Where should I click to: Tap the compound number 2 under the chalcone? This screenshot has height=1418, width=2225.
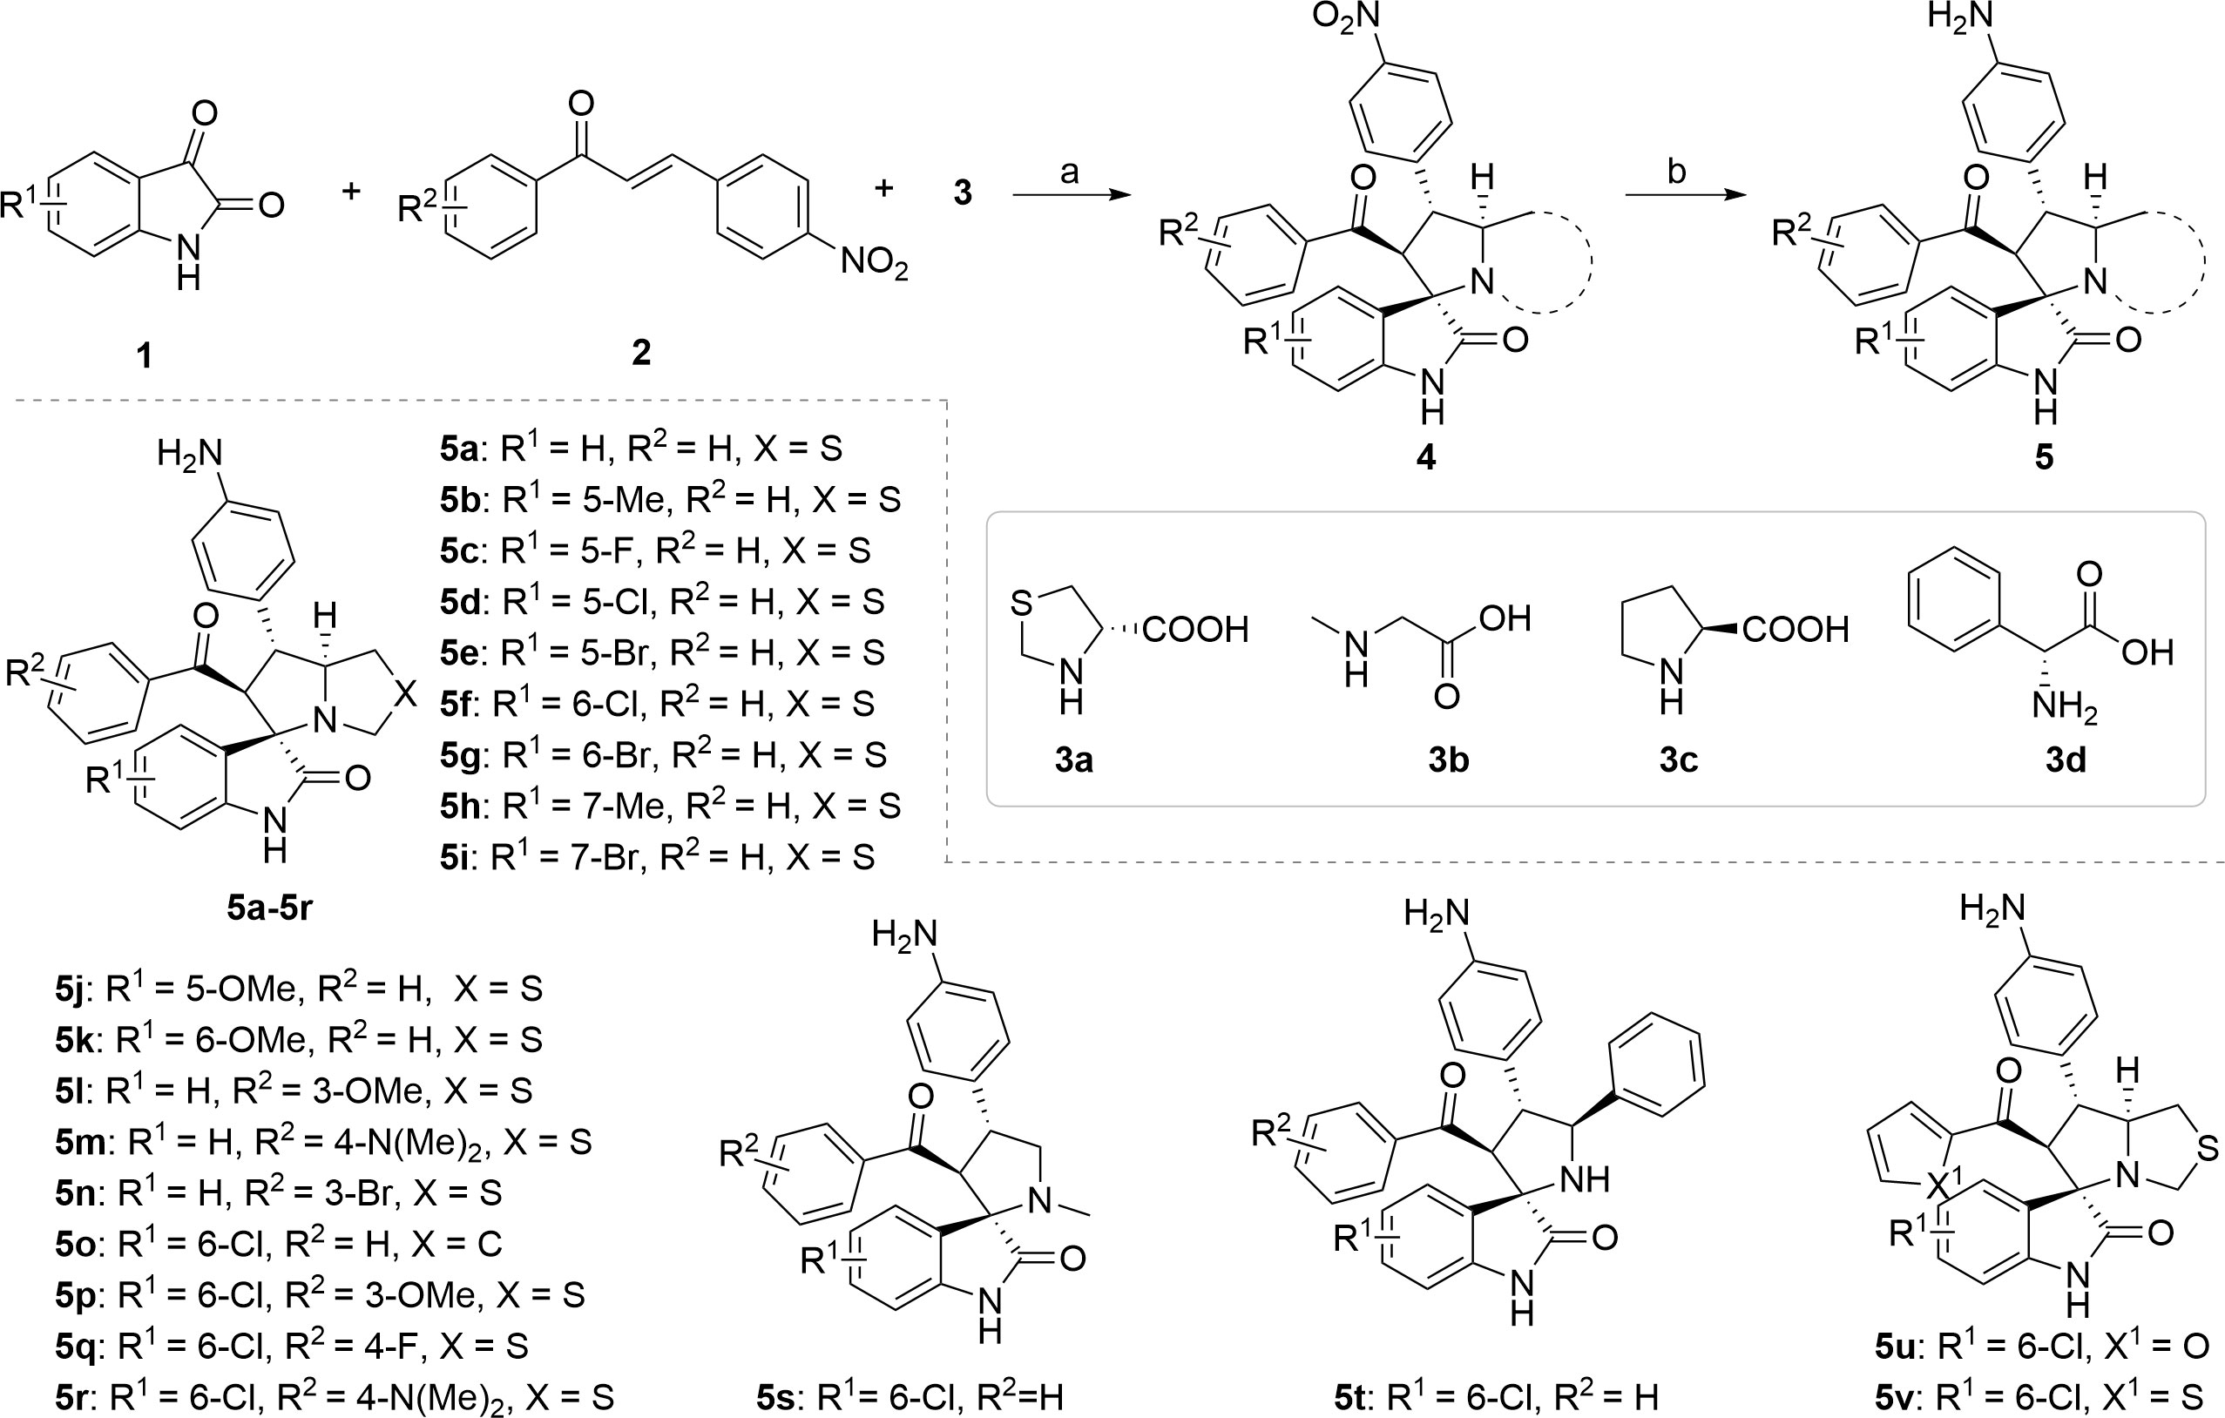[x=640, y=352]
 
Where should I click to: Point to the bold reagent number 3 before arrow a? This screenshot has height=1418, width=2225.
[x=962, y=193]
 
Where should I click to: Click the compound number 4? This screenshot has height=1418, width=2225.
[x=1426, y=456]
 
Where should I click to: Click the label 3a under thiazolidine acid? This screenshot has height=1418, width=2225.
[x=1073, y=760]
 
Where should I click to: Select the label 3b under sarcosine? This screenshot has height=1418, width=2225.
[x=1448, y=760]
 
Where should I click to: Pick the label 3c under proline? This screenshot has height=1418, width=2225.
[x=1678, y=760]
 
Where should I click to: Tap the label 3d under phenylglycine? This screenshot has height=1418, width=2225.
[x=2066, y=760]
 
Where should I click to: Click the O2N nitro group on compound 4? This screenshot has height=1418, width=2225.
[x=1347, y=18]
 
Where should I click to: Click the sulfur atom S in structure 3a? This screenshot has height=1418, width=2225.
[x=1020, y=604]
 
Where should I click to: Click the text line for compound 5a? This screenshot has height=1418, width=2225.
[x=641, y=449]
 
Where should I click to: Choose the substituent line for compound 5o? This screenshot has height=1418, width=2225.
[x=277, y=1244]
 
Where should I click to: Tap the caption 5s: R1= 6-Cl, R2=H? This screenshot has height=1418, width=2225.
[x=910, y=1398]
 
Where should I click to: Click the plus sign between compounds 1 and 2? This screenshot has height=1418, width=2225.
[x=351, y=192]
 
